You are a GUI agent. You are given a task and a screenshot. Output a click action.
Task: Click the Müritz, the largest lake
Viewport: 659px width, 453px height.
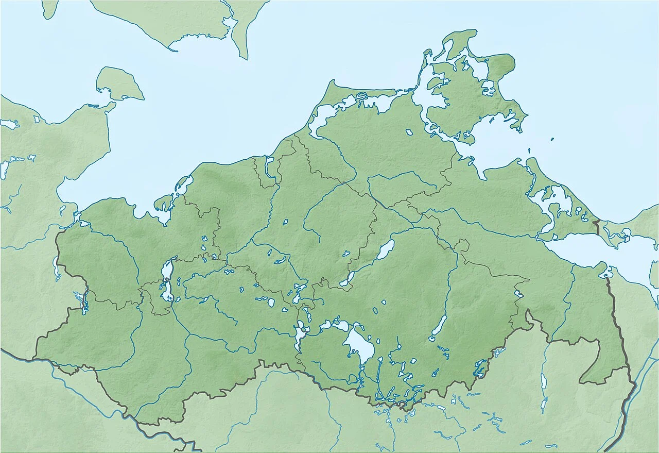(x=359, y=344)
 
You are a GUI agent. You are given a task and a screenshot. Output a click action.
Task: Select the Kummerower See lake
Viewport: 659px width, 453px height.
(x=385, y=249)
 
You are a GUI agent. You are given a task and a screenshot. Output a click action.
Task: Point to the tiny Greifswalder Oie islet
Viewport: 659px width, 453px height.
(x=552, y=139)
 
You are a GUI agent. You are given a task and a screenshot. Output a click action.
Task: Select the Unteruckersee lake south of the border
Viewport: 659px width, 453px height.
(x=544, y=384)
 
